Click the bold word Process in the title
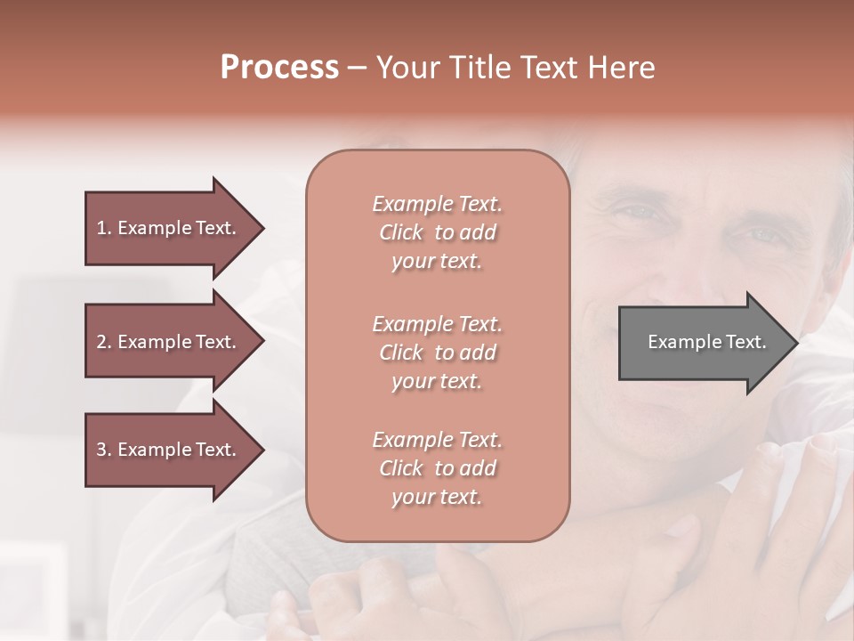[x=279, y=68]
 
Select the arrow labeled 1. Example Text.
[x=169, y=228]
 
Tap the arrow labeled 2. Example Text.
[x=169, y=342]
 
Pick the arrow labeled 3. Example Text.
[x=169, y=450]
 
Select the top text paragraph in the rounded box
[x=437, y=232]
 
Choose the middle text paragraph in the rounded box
[x=437, y=353]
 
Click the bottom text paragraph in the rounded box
[x=437, y=468]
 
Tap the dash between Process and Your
[x=357, y=69]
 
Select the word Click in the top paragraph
[x=401, y=233]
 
